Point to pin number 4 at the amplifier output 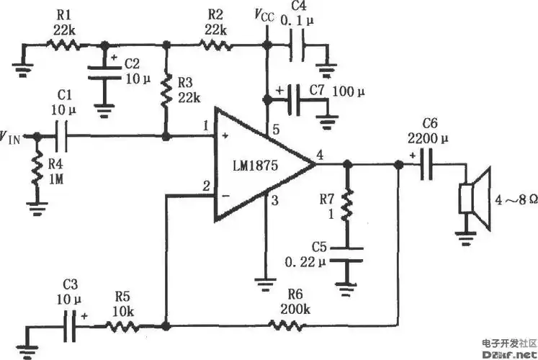click(x=320, y=153)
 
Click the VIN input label click(x=12, y=135)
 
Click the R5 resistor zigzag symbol click(x=120, y=325)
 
